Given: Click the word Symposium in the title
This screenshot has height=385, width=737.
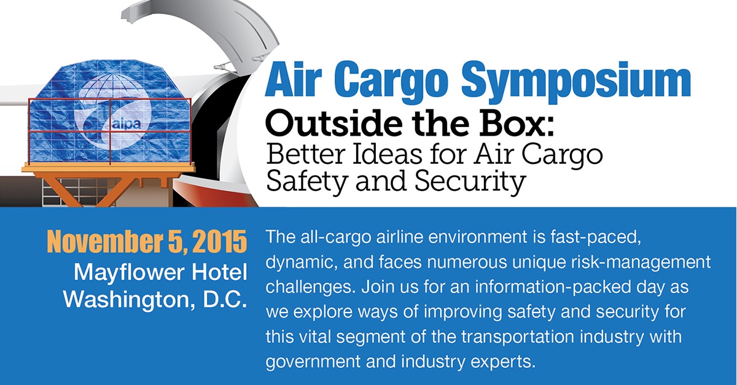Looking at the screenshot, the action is tap(577, 83).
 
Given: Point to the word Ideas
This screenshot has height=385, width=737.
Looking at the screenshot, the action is tap(386, 154).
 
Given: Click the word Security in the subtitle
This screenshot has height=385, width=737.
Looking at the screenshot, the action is tap(470, 182).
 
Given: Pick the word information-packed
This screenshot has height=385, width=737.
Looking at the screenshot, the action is tap(569, 287).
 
